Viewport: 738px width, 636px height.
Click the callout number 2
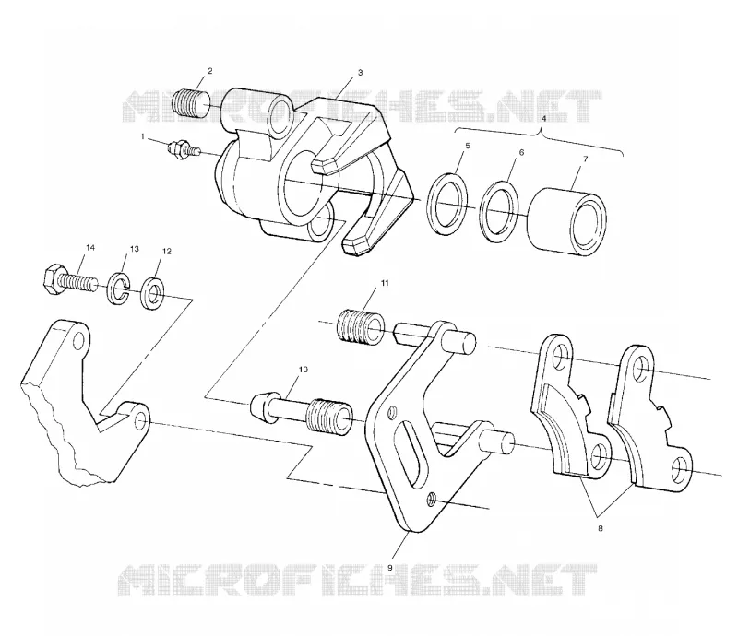(210, 71)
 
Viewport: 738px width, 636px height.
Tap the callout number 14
(89, 247)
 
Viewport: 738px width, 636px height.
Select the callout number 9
(389, 568)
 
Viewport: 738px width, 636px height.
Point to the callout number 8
(601, 528)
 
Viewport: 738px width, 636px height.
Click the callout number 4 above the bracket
(543, 119)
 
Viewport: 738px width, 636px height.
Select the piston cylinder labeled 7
(567, 222)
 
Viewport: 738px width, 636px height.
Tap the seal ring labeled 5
(448, 204)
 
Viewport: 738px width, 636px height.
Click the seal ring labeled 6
(500, 212)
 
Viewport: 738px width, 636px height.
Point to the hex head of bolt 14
(53, 280)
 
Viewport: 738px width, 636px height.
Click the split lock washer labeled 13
(118, 287)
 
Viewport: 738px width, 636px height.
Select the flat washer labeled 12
(152, 293)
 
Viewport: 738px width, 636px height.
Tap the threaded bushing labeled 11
(362, 326)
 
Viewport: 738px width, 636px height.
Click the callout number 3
(360, 73)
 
